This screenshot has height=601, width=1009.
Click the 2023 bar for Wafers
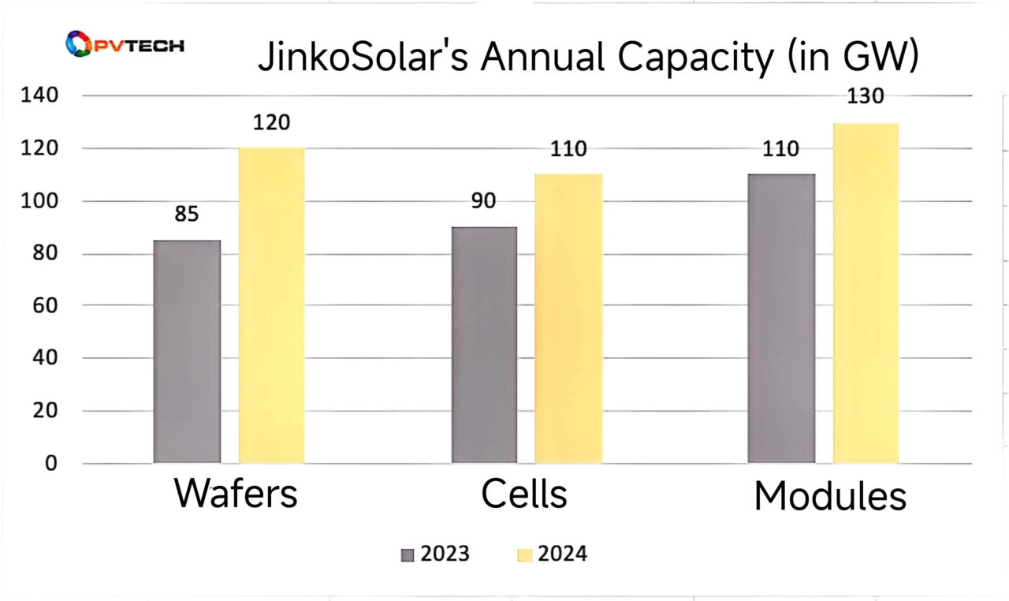[187, 351]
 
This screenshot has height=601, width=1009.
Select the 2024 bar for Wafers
[271, 304]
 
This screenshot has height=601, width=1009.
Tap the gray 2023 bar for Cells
[484, 344]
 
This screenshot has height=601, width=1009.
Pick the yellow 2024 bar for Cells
[568, 318]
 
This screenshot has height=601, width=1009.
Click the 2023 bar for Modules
[781, 318]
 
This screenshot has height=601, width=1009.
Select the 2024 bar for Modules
[866, 293]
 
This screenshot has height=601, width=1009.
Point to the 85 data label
[187, 215]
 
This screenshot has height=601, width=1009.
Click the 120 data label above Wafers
[271, 122]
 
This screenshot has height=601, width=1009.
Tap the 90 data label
[483, 201]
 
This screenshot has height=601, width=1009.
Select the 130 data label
[866, 96]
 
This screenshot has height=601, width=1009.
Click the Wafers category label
[236, 494]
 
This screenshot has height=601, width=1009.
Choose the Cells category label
[524, 494]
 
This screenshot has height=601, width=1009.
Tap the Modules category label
[830, 497]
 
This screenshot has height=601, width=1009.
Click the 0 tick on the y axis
[50, 464]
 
